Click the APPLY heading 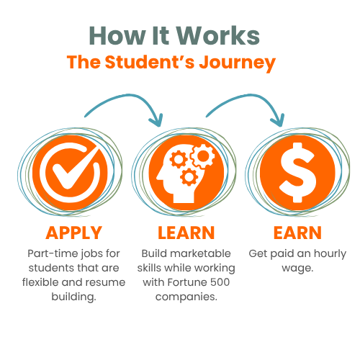click(x=74, y=233)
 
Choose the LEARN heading click(x=186, y=233)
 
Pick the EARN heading click(x=297, y=233)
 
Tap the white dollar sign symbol click(x=297, y=173)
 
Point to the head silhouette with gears click(x=186, y=174)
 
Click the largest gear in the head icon click(x=203, y=156)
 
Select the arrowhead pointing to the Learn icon click(x=156, y=120)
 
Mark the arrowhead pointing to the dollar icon click(x=278, y=120)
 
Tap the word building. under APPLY click(x=73, y=297)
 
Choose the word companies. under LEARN click(x=186, y=297)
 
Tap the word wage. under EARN click(x=297, y=269)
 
